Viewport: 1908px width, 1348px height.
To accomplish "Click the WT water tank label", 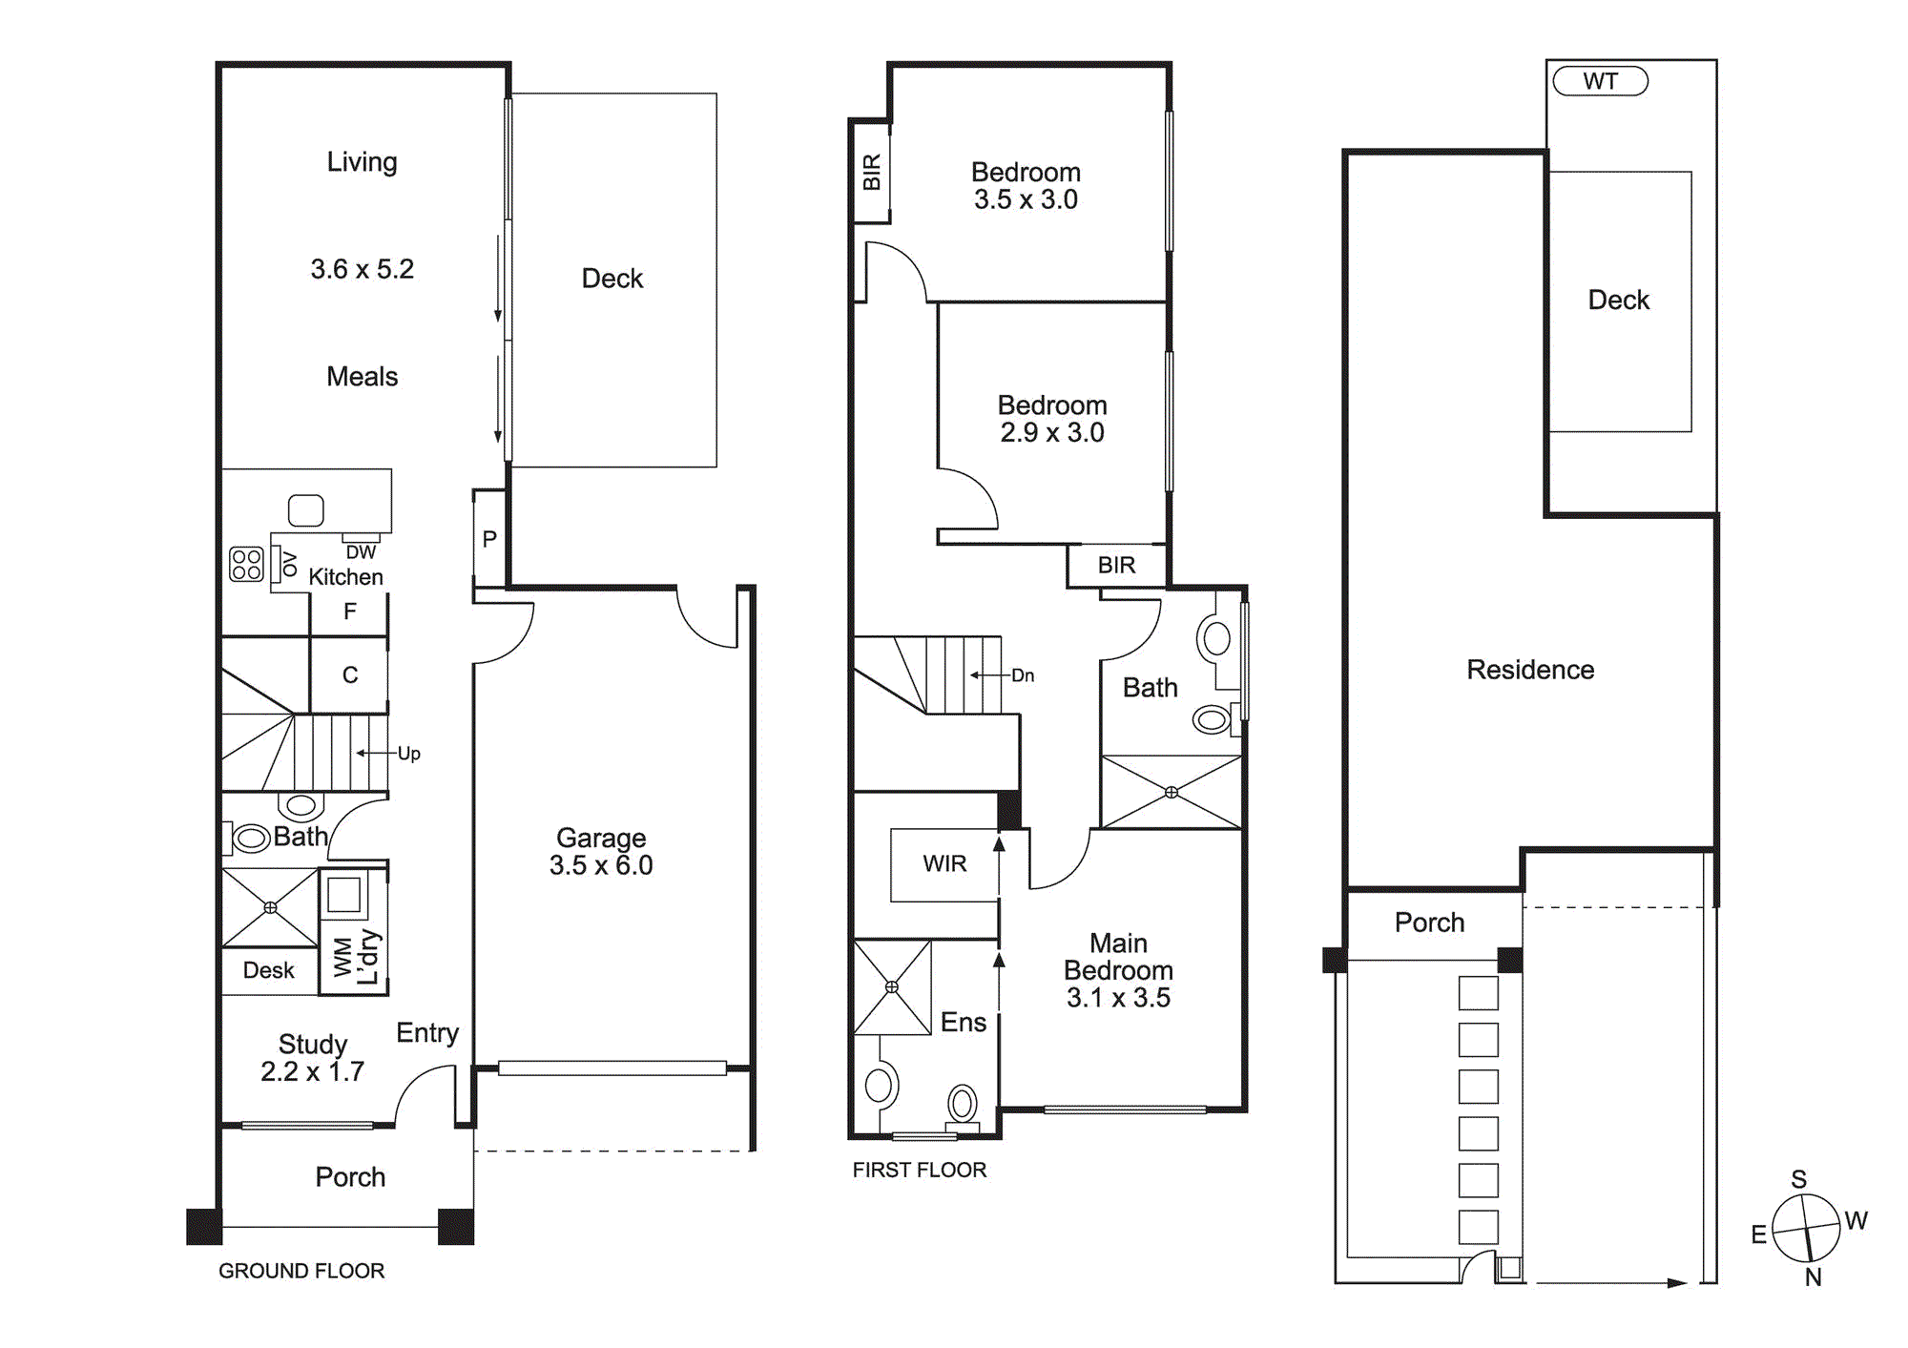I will click(x=1600, y=81).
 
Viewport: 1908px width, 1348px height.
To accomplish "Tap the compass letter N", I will click(x=1813, y=1276).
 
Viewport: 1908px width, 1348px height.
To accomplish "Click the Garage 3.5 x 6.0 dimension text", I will click(x=601, y=865).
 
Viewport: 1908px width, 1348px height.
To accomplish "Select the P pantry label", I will click(x=489, y=539).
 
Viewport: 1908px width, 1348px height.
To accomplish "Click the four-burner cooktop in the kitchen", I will click(x=246, y=564).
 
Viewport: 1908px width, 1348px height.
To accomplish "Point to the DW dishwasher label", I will click(x=361, y=551).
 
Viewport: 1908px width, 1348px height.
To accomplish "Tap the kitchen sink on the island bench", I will click(x=306, y=510).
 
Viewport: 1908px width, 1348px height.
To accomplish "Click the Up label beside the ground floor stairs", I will click(x=408, y=753).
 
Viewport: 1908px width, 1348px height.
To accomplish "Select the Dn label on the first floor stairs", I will click(x=1023, y=675).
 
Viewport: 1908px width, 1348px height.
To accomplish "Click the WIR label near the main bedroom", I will click(x=944, y=863).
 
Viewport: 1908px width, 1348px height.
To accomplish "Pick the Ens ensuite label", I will click(x=963, y=1022).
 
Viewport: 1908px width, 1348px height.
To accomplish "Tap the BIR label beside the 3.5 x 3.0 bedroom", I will click(x=871, y=173).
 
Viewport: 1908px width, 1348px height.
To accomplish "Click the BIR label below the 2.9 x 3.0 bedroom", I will click(x=1116, y=566).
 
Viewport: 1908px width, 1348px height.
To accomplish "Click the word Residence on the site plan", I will click(x=1530, y=670).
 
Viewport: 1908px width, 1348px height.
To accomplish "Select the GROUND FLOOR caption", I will click(x=301, y=1271).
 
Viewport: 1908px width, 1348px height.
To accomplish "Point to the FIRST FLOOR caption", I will click(x=920, y=1170).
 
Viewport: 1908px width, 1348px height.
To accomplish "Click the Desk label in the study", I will click(x=269, y=970).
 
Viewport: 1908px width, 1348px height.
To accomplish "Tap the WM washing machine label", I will click(x=342, y=957).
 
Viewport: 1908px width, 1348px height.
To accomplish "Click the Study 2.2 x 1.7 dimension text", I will click(x=313, y=1071).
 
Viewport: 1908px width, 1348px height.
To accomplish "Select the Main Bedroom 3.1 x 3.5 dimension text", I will click(x=1118, y=997).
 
